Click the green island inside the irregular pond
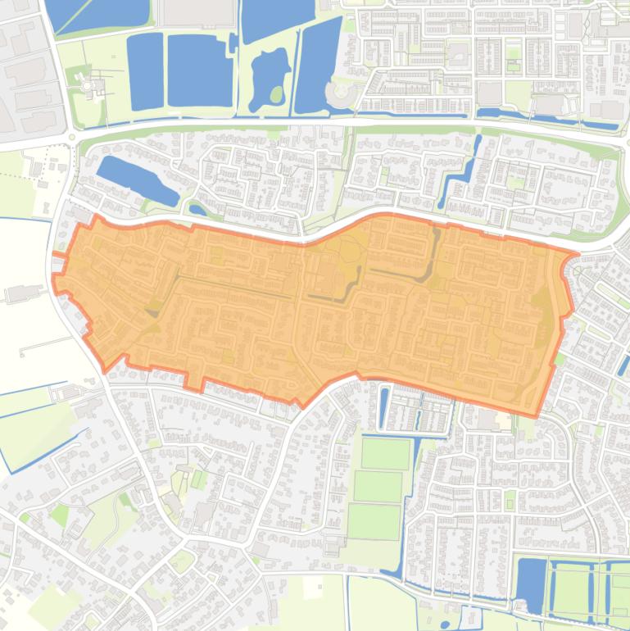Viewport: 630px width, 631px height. [276, 94]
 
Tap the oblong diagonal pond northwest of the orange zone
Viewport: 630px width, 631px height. [136, 180]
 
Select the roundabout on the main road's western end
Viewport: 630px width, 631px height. [74, 138]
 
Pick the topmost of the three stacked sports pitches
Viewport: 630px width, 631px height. [385, 453]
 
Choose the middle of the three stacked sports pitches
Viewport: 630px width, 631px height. [378, 488]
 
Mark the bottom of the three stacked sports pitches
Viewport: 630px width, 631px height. [373, 521]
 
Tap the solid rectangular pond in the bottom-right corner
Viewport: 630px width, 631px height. [533, 583]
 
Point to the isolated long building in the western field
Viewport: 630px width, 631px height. [25, 292]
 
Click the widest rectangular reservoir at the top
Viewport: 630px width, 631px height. [201, 71]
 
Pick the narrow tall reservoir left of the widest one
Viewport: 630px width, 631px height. [145, 71]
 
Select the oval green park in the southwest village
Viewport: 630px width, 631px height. [182, 561]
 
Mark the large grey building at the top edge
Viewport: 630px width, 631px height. [195, 11]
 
